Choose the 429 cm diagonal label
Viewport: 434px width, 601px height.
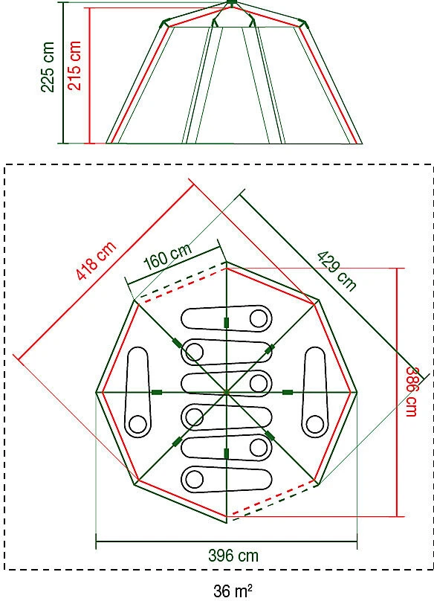click(337, 270)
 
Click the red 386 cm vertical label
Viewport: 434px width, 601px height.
click(413, 392)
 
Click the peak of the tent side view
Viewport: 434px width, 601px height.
click(232, 3)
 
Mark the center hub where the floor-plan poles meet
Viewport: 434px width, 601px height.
click(227, 392)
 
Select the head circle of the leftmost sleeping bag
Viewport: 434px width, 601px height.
click(137, 425)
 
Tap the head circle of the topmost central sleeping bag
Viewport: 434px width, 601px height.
click(258, 319)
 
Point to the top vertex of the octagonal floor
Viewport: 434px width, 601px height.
click(227, 262)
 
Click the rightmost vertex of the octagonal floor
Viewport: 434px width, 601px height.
click(357, 392)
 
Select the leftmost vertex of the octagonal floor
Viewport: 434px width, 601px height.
click(97, 392)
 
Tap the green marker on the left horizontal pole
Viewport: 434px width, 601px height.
click(156, 392)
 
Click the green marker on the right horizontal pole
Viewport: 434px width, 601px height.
click(287, 392)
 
